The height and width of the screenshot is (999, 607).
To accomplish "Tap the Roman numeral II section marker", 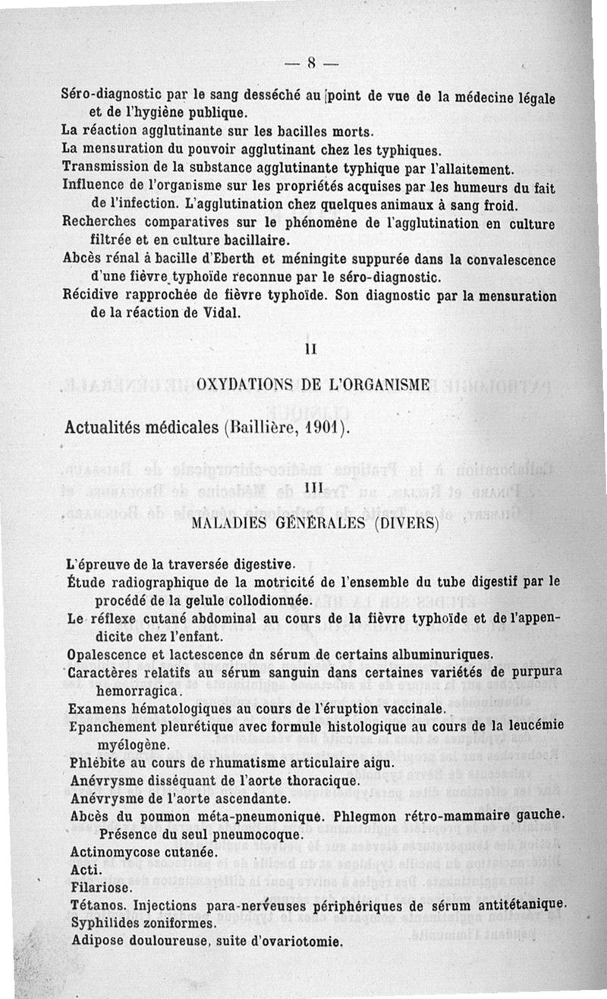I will coord(310,350).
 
